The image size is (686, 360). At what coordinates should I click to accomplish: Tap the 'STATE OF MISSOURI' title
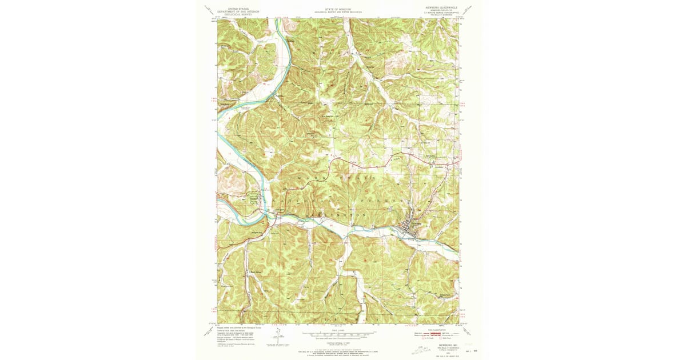point(337,9)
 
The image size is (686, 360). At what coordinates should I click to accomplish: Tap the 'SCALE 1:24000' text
point(337,329)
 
